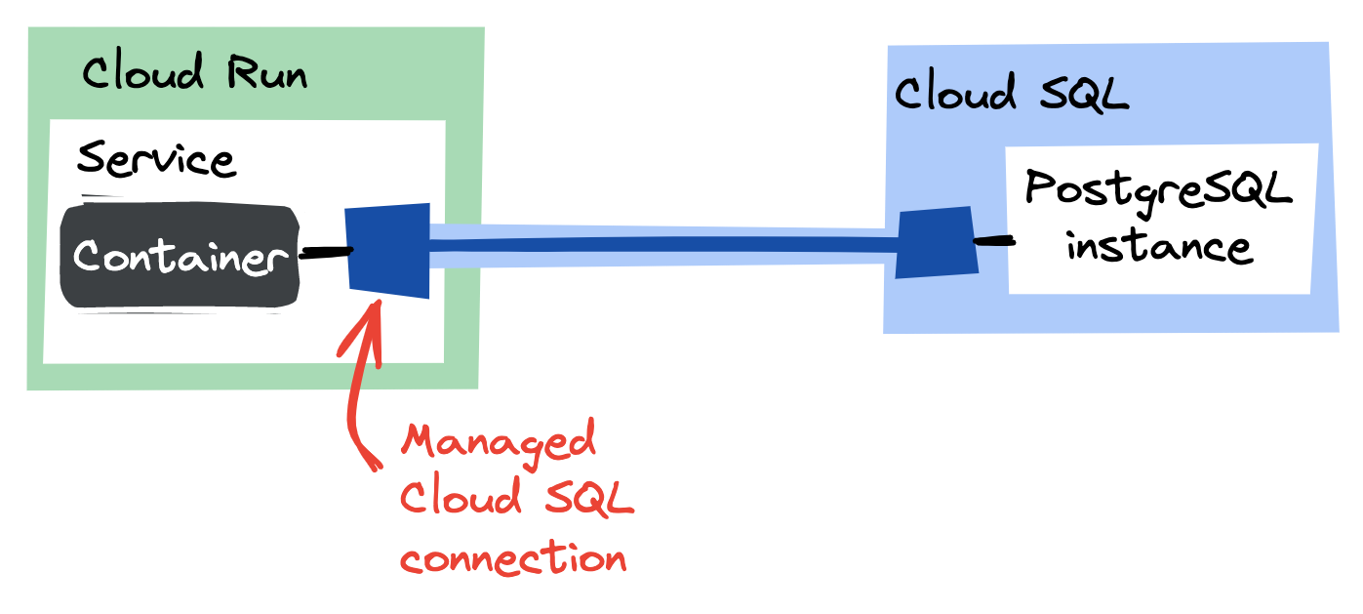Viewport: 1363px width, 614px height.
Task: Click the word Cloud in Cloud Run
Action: click(142, 73)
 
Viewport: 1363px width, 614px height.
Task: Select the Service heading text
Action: click(156, 159)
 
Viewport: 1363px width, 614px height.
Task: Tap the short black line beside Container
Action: click(325, 252)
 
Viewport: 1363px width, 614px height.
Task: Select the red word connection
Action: click(513, 559)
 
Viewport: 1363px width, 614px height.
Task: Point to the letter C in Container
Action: click(91, 258)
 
